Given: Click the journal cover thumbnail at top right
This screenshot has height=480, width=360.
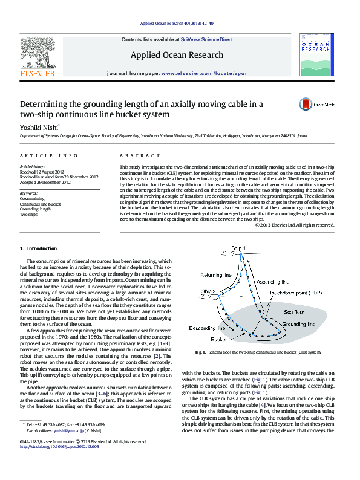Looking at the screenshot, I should point(316,54).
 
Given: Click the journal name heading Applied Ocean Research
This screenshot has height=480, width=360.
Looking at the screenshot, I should point(177,55).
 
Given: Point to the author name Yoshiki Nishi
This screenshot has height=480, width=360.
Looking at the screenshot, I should point(41,128).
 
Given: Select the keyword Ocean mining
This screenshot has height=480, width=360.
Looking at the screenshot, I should point(32,198).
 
